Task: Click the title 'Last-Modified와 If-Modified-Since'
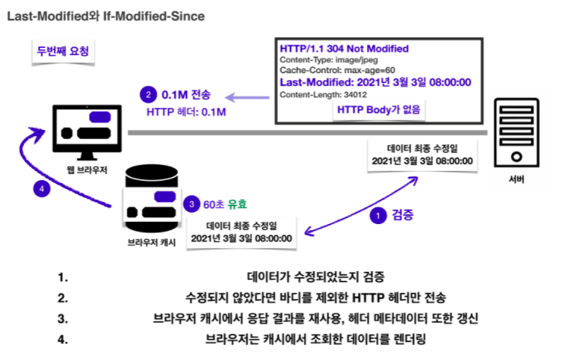point(105,16)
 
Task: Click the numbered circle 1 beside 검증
point(380,215)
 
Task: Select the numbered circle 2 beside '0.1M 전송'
point(149,95)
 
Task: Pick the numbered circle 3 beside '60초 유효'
point(192,204)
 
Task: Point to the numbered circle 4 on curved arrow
point(43,189)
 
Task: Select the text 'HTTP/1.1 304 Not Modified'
point(344,49)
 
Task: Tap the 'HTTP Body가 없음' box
point(379,110)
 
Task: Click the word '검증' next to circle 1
point(404,214)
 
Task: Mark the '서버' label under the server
point(516,179)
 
